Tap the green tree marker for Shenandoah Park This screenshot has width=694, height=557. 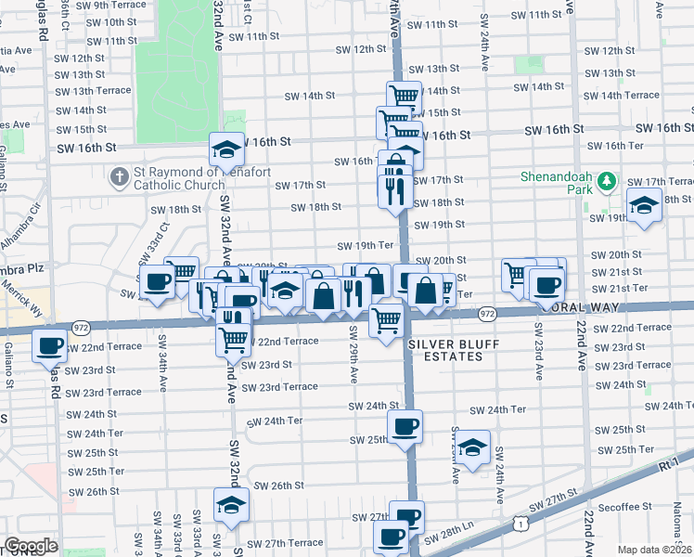point(607,180)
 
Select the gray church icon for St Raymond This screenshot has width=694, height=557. point(118,175)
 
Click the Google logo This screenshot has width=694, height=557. point(31,546)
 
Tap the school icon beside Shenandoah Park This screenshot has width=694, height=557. point(644,206)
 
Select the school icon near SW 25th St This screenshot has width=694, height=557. point(473,448)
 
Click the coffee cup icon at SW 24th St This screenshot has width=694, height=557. point(405,427)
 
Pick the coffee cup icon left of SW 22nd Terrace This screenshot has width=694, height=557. point(48,346)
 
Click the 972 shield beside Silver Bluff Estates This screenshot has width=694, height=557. point(485,316)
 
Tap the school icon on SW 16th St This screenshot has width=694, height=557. point(226,149)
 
